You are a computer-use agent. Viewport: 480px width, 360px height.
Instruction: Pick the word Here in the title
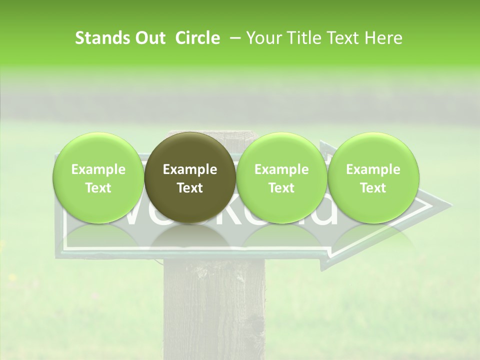(x=384, y=38)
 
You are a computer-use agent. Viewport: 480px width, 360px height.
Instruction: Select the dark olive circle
(x=190, y=178)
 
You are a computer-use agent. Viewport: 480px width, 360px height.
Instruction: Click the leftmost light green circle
(x=98, y=178)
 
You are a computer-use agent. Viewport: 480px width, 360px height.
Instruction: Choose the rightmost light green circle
(x=373, y=178)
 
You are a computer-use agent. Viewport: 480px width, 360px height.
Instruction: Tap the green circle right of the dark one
(x=281, y=178)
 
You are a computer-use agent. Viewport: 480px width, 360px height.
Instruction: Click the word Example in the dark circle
(x=190, y=169)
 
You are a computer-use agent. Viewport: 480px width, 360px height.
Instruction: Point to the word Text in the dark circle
(x=190, y=188)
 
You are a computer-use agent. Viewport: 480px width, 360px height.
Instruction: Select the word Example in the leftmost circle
(x=98, y=169)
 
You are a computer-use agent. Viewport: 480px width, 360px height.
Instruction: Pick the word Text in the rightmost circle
(x=373, y=188)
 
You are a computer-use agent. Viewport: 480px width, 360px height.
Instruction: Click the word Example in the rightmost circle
(x=373, y=169)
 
